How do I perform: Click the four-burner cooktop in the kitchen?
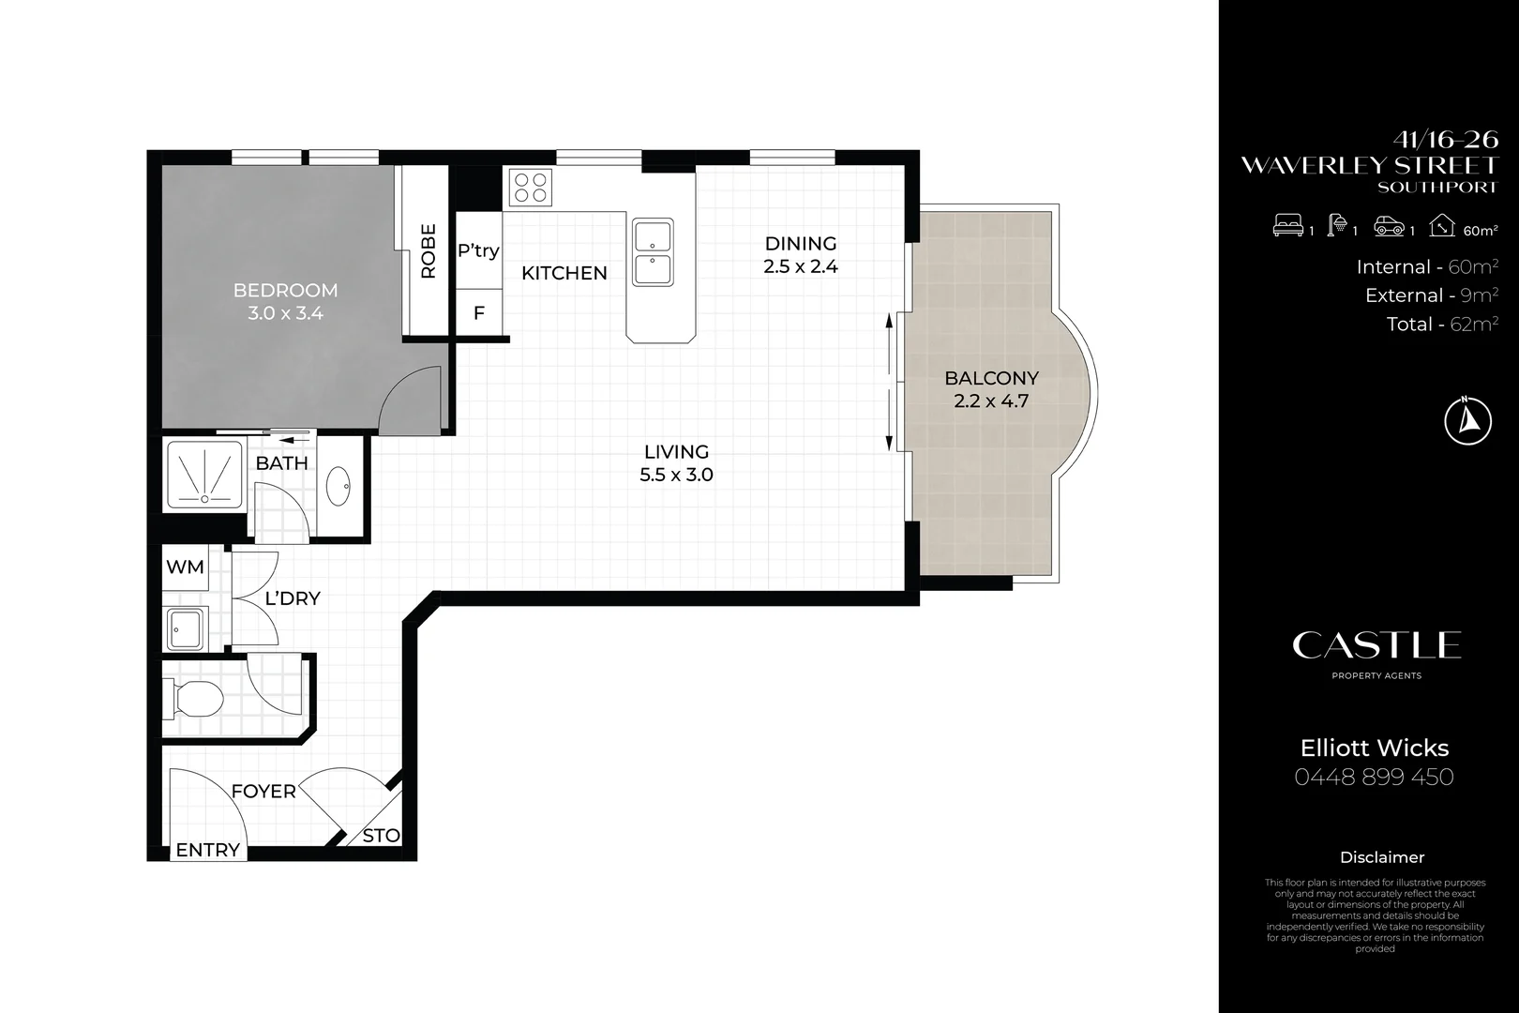tap(531, 188)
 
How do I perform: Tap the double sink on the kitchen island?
tap(653, 252)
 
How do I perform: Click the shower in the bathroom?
tap(204, 475)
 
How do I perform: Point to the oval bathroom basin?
tap(338, 486)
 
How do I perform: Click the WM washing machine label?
tap(185, 567)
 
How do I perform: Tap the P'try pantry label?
tap(479, 250)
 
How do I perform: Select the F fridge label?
tap(479, 313)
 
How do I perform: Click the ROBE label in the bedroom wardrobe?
tap(428, 251)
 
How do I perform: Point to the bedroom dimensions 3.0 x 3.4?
tap(285, 313)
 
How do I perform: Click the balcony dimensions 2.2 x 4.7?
tap(991, 401)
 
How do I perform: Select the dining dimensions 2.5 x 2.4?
tap(801, 266)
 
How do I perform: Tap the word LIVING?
tap(677, 452)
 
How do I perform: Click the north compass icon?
tap(1468, 420)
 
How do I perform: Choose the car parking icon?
tap(1389, 226)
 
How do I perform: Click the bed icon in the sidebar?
tap(1287, 225)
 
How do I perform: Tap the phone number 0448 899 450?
tap(1374, 777)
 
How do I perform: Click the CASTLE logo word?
tap(1376, 645)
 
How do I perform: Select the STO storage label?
tap(381, 836)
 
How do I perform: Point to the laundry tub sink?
tap(185, 628)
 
